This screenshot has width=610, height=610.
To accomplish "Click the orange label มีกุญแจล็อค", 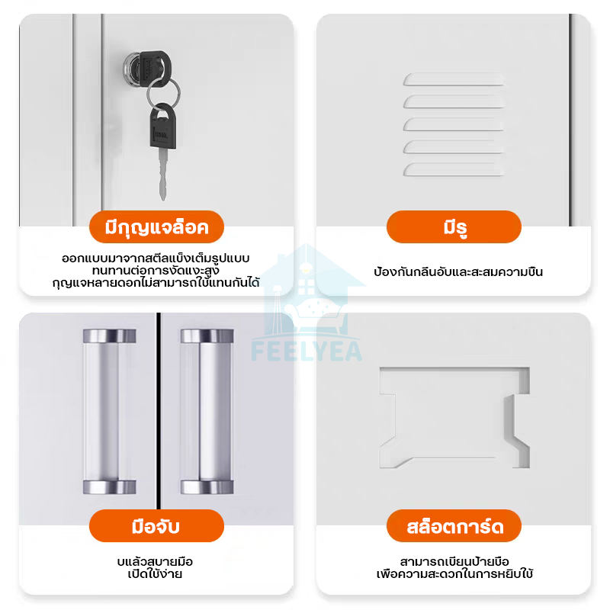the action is pyautogui.click(x=156, y=226).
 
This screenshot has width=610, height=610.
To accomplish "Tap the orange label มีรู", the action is pyautogui.click(x=454, y=226).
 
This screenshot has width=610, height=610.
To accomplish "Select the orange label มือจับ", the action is pyautogui.click(x=156, y=525).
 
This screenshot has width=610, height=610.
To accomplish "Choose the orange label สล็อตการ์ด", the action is pyautogui.click(x=454, y=525).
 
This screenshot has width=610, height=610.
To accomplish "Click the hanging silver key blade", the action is pyautogui.click(x=163, y=175).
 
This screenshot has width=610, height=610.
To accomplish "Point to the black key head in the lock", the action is pyautogui.click(x=156, y=67).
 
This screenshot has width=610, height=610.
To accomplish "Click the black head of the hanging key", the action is pyautogui.click(x=163, y=127).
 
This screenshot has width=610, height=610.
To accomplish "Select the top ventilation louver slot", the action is pyautogui.click(x=454, y=79).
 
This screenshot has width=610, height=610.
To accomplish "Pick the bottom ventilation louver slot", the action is pyautogui.click(x=454, y=169).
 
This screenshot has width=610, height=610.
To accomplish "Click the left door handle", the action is pyautogui.click(x=109, y=412).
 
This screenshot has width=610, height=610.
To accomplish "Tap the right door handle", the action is pyautogui.click(x=207, y=412).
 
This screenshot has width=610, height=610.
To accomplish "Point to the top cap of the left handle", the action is pyautogui.click(x=109, y=335).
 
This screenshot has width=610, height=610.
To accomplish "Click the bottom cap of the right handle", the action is pyautogui.click(x=207, y=487).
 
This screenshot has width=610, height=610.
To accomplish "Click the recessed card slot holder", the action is pyautogui.click(x=454, y=417).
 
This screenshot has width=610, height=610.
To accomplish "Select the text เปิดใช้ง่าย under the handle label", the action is pyautogui.click(x=155, y=574).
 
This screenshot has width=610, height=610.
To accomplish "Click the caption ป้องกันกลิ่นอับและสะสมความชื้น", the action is pyautogui.click(x=458, y=271).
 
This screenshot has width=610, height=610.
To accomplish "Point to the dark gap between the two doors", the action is pyautogui.click(x=159, y=411).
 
